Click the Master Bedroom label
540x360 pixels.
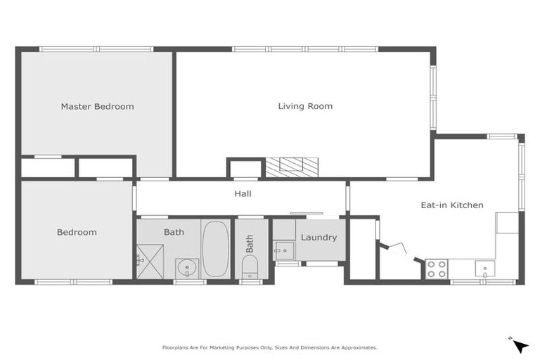pyautogui.click(x=97, y=107)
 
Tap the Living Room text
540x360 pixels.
pyautogui.click(x=305, y=106)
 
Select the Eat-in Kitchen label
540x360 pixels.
pyautogui.click(x=452, y=205)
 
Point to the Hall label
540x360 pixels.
pyautogui.click(x=243, y=194)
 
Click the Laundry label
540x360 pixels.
pyautogui.click(x=319, y=238)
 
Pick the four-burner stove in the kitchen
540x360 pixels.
pyautogui.click(x=437, y=269)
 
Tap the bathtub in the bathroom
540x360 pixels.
pyautogui.click(x=215, y=247)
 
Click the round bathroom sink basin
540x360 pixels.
pyautogui.click(x=187, y=267)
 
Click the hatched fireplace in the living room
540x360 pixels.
pyautogui.click(x=291, y=167)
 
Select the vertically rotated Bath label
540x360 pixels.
pyautogui.click(x=250, y=243)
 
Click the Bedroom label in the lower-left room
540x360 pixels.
pyautogui.click(x=77, y=232)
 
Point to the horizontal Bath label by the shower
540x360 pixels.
pyautogui.click(x=174, y=232)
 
